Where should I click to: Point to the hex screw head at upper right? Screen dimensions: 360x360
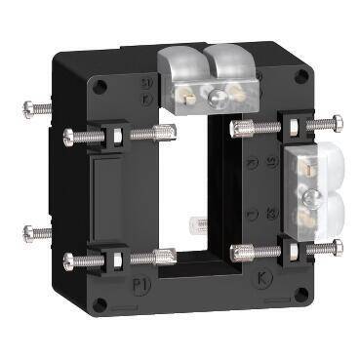pyautogui.click(x=338, y=123)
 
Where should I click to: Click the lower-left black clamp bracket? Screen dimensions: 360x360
pyautogui.click(x=111, y=258)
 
